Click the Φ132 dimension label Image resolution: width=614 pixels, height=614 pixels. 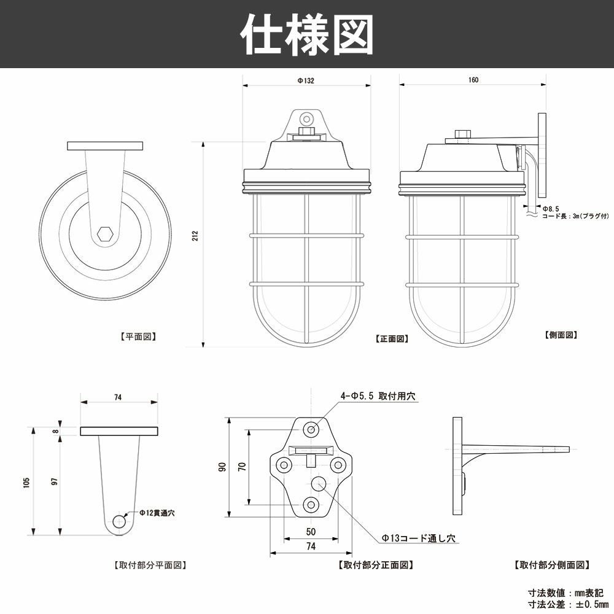tap(306, 80)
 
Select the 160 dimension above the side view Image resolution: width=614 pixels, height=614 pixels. tap(473, 80)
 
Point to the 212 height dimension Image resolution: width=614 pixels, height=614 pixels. tap(195, 236)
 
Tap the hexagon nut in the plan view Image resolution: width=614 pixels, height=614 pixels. tap(105, 235)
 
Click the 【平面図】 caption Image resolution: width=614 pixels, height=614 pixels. tap(138, 336)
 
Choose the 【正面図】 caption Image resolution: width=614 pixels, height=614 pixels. tap(392, 338)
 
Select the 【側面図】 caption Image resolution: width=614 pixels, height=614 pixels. tap(561, 335)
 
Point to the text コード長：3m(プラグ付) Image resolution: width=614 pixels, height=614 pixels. tap(575, 216)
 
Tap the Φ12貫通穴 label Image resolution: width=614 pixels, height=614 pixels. tap(157, 513)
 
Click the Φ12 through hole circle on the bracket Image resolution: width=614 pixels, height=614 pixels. tap(118, 523)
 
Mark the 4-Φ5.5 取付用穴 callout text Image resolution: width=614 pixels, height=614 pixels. tap(378, 397)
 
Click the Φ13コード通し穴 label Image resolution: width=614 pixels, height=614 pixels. tap(419, 538)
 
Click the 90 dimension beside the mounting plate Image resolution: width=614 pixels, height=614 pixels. tap(223, 467)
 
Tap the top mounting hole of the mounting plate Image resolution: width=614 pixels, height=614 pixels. tap(311, 429)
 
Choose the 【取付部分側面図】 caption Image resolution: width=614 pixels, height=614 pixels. tap(551, 564)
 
